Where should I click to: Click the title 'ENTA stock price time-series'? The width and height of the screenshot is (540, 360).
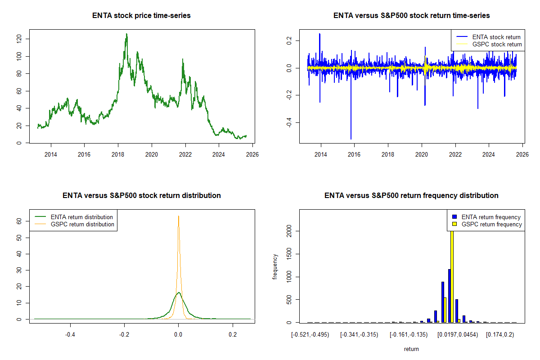pos(141,16)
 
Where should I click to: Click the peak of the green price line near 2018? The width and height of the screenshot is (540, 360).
pos(126,34)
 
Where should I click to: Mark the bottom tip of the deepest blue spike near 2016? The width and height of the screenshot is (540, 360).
pos(351,139)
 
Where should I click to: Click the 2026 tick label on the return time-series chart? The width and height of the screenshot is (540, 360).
pos(522,154)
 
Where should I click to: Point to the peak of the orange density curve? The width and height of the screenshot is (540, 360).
pos(179,216)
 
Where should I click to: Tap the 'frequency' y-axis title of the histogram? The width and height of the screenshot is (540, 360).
pos(275,266)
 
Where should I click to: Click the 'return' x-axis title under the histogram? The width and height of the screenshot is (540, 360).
pos(411,349)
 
